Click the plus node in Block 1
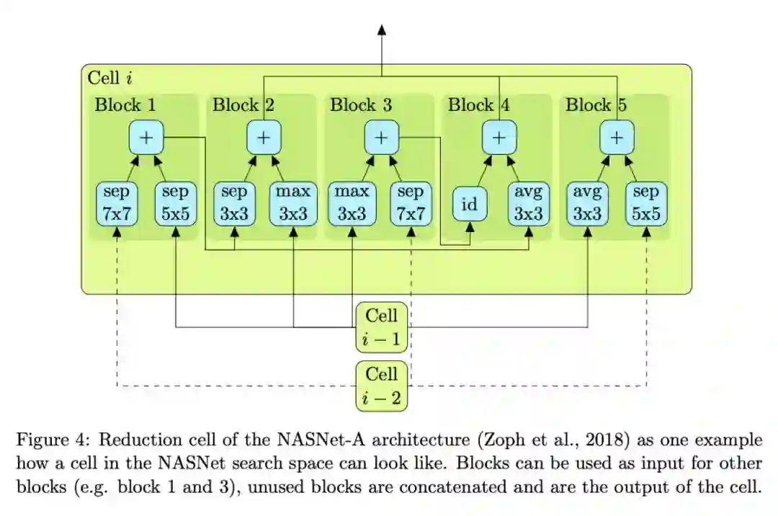(x=146, y=137)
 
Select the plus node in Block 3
(x=382, y=137)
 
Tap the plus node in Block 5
(x=617, y=137)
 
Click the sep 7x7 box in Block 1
(x=117, y=203)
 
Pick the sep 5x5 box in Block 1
(x=176, y=203)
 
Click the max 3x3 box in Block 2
(x=293, y=203)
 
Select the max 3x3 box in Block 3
(x=352, y=203)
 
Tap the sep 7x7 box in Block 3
(x=411, y=203)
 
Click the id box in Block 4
(x=470, y=205)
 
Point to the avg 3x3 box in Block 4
(x=529, y=203)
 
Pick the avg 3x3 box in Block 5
(x=588, y=203)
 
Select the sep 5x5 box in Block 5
(x=646, y=203)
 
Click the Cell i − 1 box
(x=382, y=326)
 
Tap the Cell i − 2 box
(x=382, y=386)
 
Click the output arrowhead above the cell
(x=382, y=30)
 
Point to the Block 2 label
(x=243, y=105)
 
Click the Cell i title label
(x=109, y=77)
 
